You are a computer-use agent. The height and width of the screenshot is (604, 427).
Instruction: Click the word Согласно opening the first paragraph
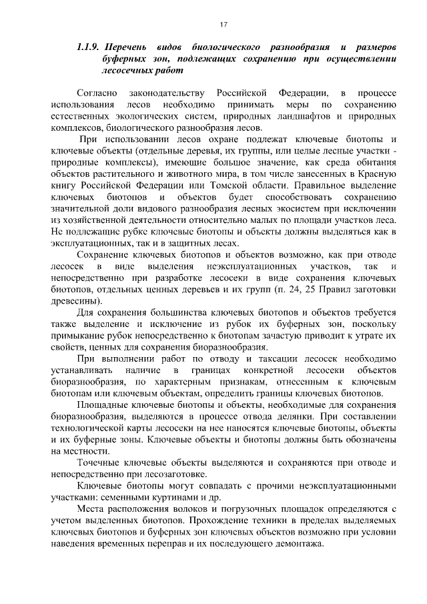pyautogui.click(x=98, y=93)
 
